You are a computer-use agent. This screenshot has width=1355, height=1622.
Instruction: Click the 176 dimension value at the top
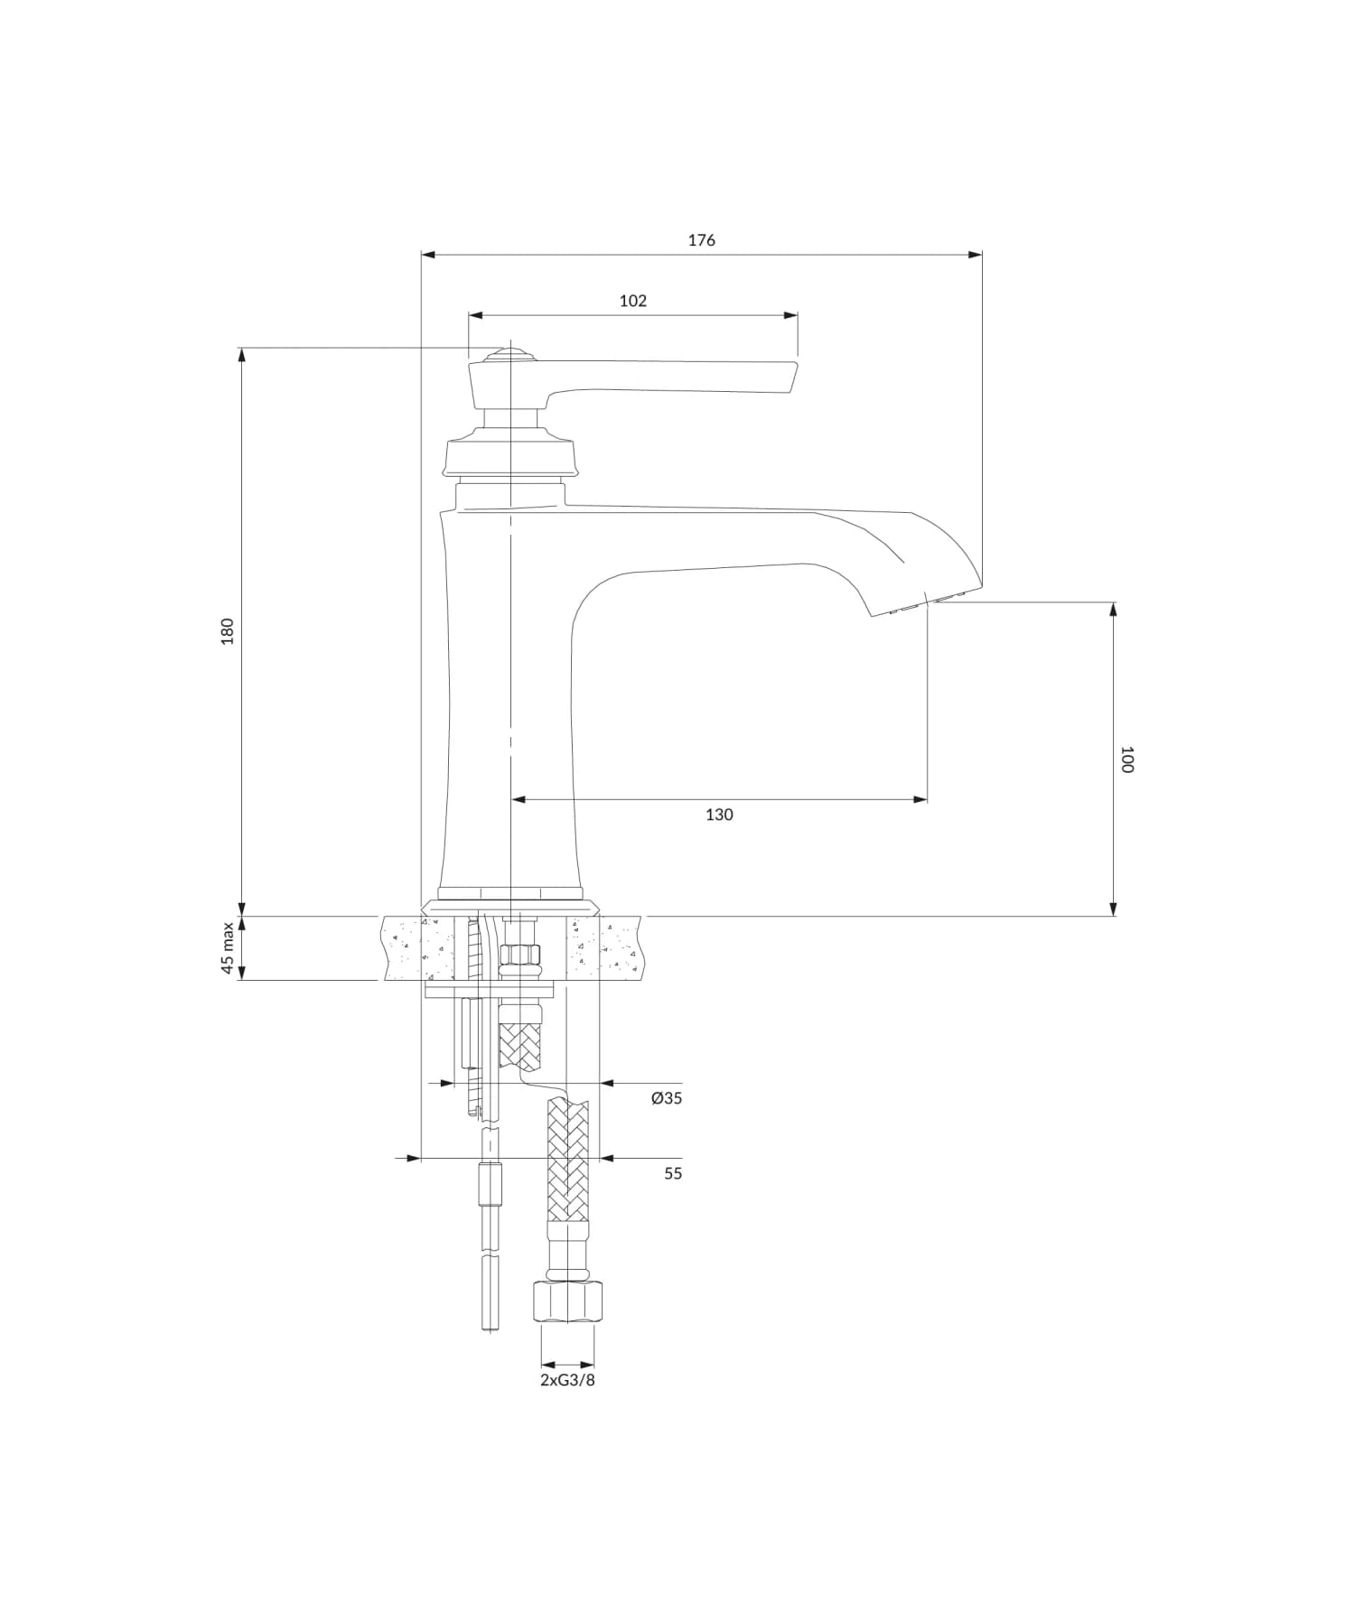701,240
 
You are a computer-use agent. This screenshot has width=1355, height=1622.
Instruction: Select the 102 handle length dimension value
632,301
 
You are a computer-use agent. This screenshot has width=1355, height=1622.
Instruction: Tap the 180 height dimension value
228,630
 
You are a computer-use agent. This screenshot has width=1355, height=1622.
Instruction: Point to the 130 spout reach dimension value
719,815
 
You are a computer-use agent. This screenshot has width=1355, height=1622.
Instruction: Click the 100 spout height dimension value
1126,759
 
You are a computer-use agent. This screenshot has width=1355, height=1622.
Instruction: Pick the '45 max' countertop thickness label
228,948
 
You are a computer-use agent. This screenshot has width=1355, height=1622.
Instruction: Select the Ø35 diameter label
666,1098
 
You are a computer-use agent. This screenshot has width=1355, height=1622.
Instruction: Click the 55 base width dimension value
673,1173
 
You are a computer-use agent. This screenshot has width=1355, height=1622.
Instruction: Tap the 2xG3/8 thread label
567,1380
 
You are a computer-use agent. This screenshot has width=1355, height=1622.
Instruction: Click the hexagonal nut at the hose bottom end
568,1301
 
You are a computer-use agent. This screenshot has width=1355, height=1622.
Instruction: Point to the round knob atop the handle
511,353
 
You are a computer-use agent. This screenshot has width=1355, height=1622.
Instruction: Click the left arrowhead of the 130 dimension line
519,799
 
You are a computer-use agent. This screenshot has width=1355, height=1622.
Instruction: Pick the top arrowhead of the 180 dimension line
241,354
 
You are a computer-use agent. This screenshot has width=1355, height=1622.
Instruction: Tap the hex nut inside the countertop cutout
520,955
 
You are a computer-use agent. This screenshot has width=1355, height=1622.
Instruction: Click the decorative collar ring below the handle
510,456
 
